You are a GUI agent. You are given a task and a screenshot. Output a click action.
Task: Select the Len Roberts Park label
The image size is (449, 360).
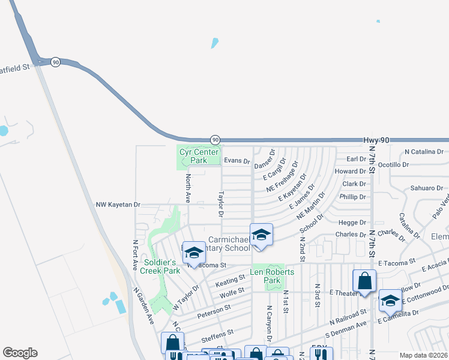272,276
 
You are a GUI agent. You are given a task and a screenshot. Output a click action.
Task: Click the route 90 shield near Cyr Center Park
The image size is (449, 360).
215,140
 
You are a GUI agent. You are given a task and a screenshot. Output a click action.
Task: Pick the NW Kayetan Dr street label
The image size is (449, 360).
118,205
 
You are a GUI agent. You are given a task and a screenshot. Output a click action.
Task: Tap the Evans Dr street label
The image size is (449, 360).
237,161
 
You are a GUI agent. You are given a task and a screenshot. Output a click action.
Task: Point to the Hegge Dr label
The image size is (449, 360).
354,222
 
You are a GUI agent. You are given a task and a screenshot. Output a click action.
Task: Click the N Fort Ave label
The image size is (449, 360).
135,254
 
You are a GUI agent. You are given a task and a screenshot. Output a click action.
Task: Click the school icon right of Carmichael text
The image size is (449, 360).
261,235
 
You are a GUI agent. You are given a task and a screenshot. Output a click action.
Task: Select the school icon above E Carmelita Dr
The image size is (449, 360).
390,301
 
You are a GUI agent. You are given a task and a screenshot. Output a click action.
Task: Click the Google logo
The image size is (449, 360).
20,353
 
